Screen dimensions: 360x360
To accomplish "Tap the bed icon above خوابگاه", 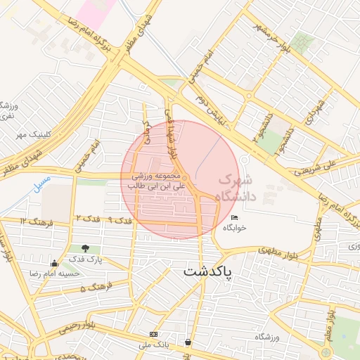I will [234, 218].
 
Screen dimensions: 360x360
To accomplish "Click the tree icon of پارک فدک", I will [85, 248].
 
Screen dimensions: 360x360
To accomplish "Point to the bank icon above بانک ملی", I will [154, 334].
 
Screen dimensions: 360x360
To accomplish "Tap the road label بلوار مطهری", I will [259, 250].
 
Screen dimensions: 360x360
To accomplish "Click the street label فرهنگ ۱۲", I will [33, 221].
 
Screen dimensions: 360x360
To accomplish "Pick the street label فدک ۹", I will [121, 221].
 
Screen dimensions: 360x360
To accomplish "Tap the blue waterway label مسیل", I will [42, 184].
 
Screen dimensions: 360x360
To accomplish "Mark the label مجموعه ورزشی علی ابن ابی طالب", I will [155, 181].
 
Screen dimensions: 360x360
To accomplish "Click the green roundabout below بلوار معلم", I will [326, 352].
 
